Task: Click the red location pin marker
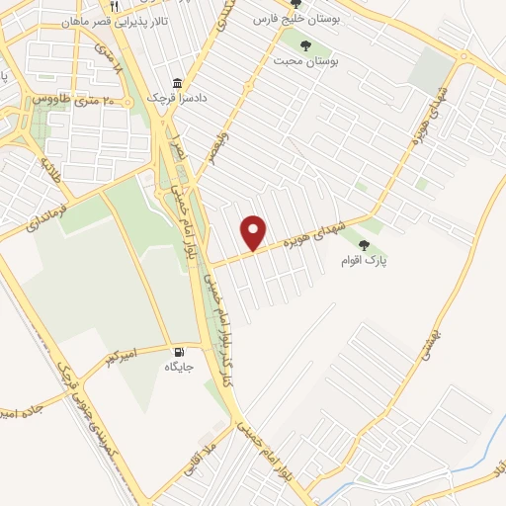click(254, 231)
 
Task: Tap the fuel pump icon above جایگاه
click(179, 351)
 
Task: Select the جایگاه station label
click(179, 367)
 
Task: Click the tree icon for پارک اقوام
click(365, 245)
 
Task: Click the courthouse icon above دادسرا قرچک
click(177, 83)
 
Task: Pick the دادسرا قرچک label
click(153, 100)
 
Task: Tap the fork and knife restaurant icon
click(115, 6)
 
